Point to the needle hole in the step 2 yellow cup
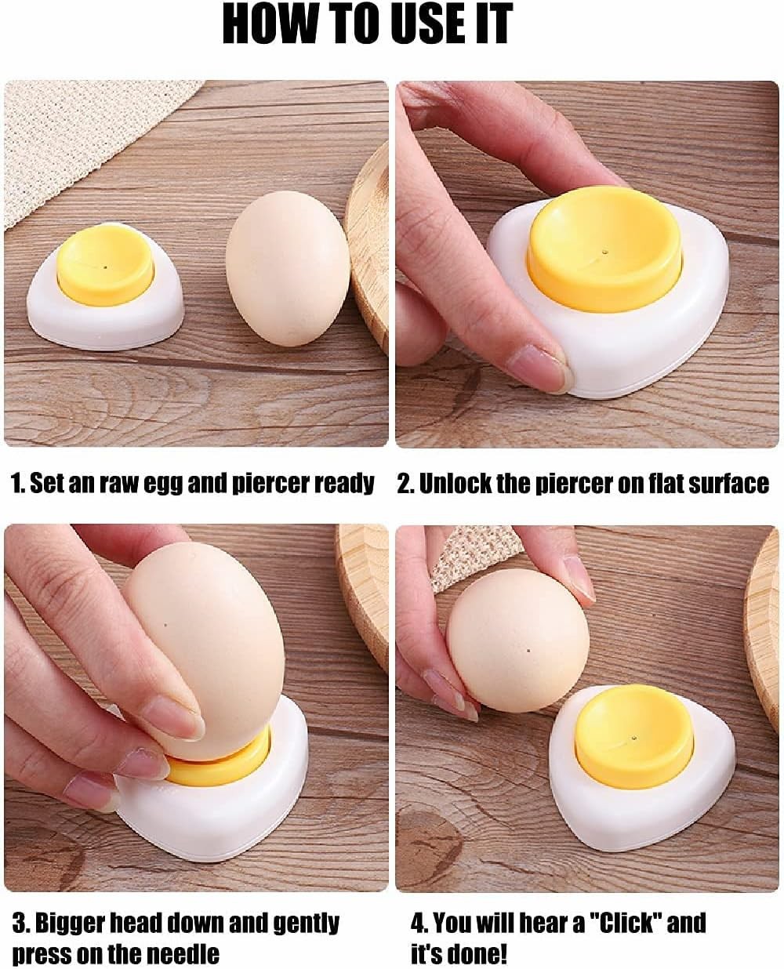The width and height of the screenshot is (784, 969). click(x=604, y=252)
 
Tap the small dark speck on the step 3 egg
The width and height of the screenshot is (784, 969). click(x=166, y=625)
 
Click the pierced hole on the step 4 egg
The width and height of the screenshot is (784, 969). click(x=532, y=650)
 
